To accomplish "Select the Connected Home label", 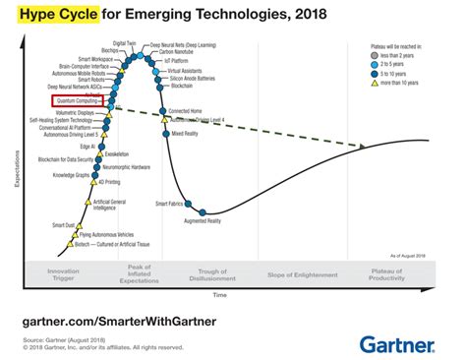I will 187,111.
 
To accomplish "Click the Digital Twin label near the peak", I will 125,43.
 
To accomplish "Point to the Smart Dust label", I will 63,226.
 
